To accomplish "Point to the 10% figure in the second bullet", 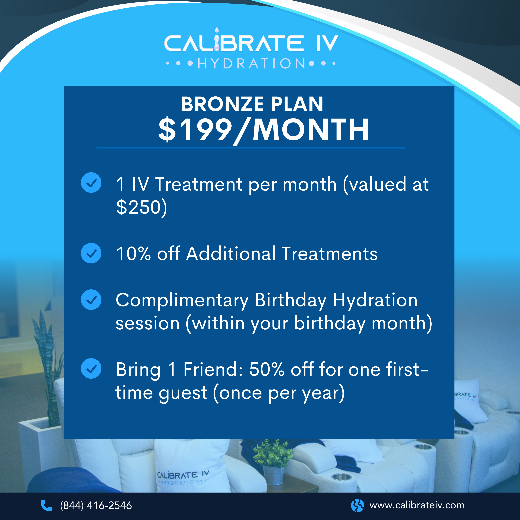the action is click(133, 254).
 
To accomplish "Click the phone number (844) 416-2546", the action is click(96, 506).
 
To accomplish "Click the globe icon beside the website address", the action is click(357, 506).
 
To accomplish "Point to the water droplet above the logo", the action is click(217, 30).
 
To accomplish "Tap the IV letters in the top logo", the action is click(327, 43).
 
